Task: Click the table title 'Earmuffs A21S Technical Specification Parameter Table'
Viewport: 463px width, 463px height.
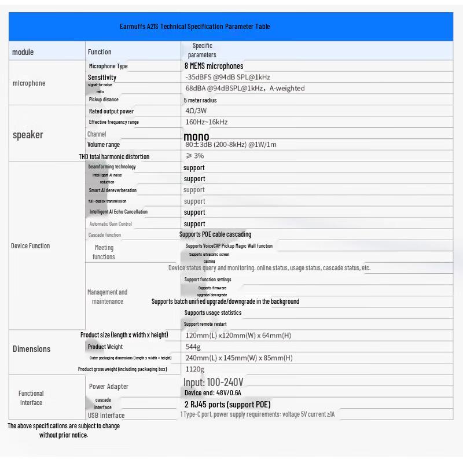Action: click(194, 27)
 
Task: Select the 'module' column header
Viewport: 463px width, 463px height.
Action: click(23, 52)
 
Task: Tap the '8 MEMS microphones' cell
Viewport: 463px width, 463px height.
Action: click(214, 66)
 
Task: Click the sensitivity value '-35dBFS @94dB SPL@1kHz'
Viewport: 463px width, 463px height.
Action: click(227, 77)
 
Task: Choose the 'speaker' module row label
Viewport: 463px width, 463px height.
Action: click(28, 135)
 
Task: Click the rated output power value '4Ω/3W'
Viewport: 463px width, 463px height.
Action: click(196, 111)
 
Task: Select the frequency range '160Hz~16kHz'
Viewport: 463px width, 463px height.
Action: click(206, 122)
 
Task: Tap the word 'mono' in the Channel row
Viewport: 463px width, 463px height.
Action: click(196, 137)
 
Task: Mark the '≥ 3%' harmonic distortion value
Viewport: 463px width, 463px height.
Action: click(194, 156)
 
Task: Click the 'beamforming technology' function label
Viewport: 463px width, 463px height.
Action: click(112, 167)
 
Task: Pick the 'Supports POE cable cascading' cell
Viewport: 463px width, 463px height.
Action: click(215, 234)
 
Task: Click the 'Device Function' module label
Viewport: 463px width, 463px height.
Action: click(30, 246)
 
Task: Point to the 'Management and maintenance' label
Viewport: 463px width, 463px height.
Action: click(107, 296)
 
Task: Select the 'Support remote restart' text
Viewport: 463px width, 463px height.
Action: click(205, 324)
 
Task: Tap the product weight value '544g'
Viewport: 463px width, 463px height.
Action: click(193, 347)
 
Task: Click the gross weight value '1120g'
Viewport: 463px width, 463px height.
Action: click(194, 369)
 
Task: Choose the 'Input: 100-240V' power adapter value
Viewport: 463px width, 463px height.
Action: click(213, 383)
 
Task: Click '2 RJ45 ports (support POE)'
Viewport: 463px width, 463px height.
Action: click(227, 405)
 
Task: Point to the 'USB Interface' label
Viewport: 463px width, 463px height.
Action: click(106, 415)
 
